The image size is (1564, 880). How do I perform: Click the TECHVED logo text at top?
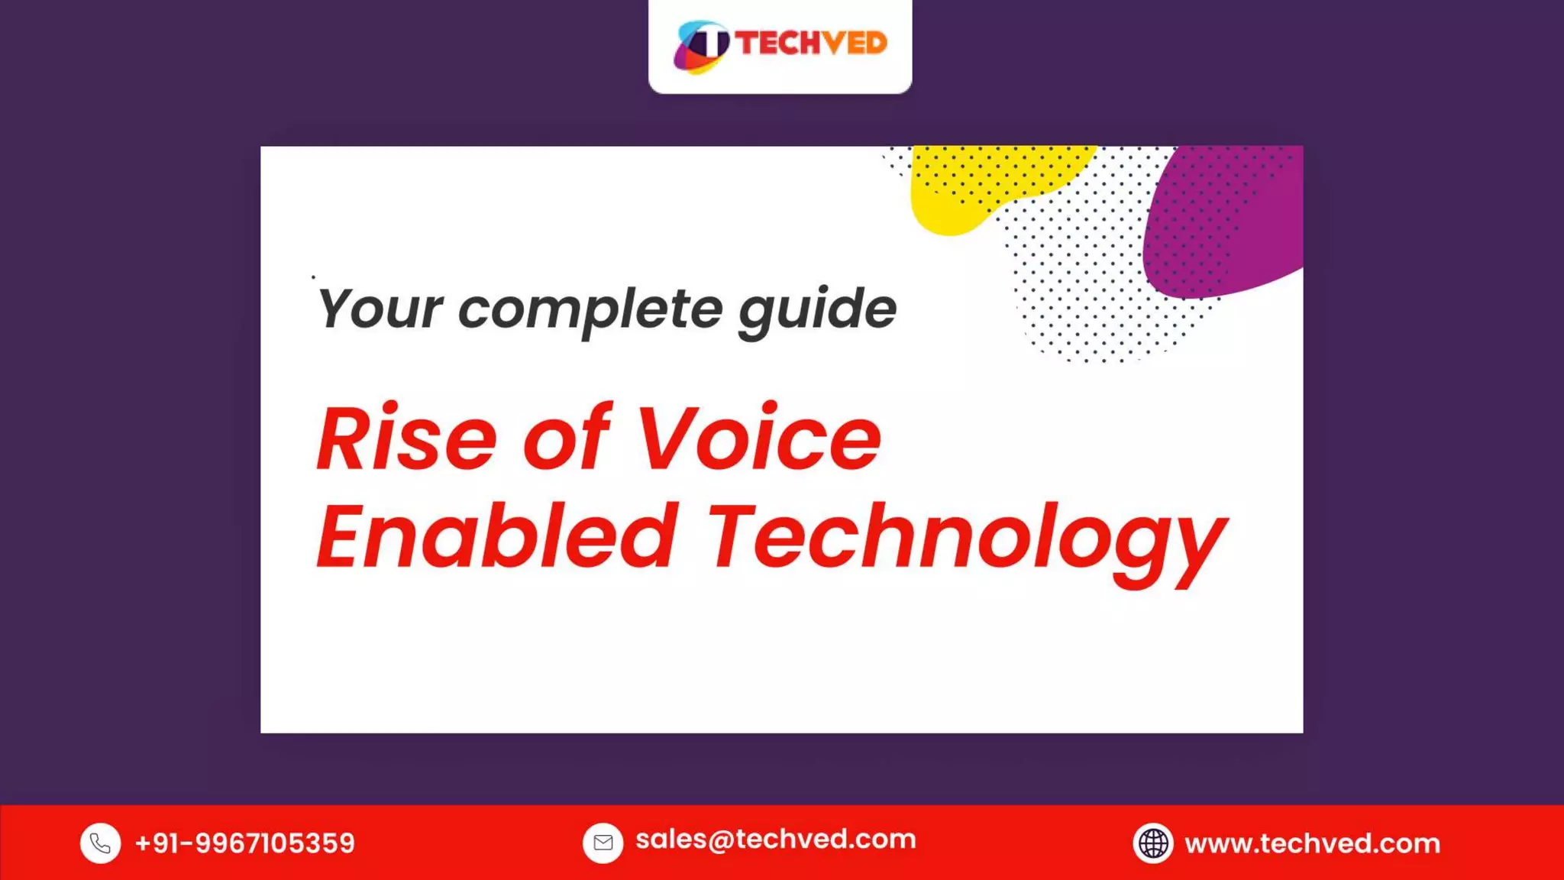[811, 43]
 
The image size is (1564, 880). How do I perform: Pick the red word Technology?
[966, 539]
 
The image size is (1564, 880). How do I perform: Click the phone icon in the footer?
[100, 843]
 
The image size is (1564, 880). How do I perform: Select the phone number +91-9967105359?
[244, 843]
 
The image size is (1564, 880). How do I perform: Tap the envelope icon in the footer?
[603, 843]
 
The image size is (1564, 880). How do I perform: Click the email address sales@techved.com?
[775, 840]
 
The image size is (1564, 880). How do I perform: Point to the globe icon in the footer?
[1152, 843]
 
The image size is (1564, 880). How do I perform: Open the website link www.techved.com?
[1312, 843]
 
